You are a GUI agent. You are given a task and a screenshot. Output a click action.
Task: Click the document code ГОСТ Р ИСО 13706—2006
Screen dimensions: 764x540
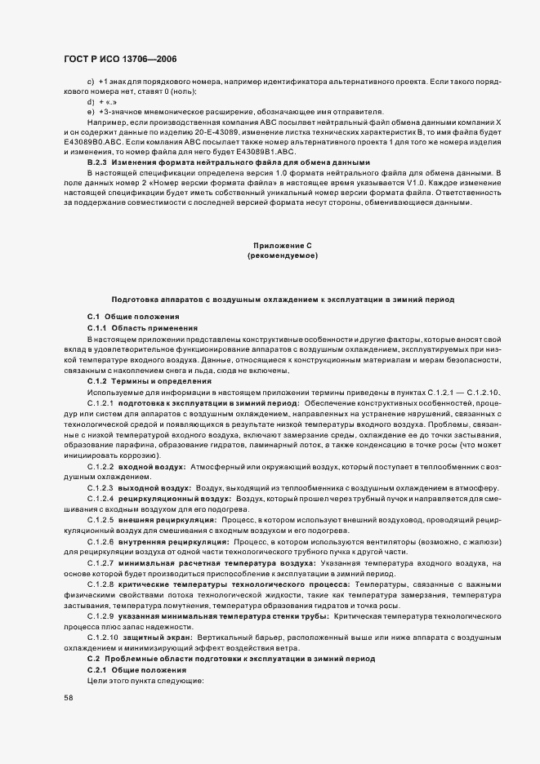[x=120, y=60]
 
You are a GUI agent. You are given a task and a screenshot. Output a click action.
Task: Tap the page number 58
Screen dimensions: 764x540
[x=69, y=698]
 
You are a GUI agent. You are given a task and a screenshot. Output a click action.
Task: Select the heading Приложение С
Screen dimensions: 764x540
[x=282, y=246]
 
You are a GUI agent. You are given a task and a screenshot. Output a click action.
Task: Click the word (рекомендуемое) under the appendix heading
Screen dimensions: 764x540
[x=282, y=256]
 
